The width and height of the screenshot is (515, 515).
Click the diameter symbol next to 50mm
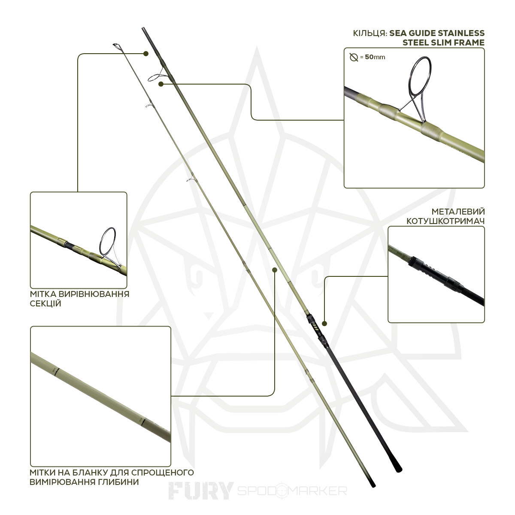point(354,57)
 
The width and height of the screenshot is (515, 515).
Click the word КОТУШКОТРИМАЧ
point(445,221)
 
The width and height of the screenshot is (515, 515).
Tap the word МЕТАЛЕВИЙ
point(458,212)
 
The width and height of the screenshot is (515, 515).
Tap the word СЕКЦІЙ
point(45,303)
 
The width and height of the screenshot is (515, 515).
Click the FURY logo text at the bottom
point(201,491)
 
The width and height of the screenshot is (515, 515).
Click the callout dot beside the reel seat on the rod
point(324,324)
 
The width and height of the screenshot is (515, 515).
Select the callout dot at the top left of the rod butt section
point(146,54)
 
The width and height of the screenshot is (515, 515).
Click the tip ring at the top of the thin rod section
point(116,45)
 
